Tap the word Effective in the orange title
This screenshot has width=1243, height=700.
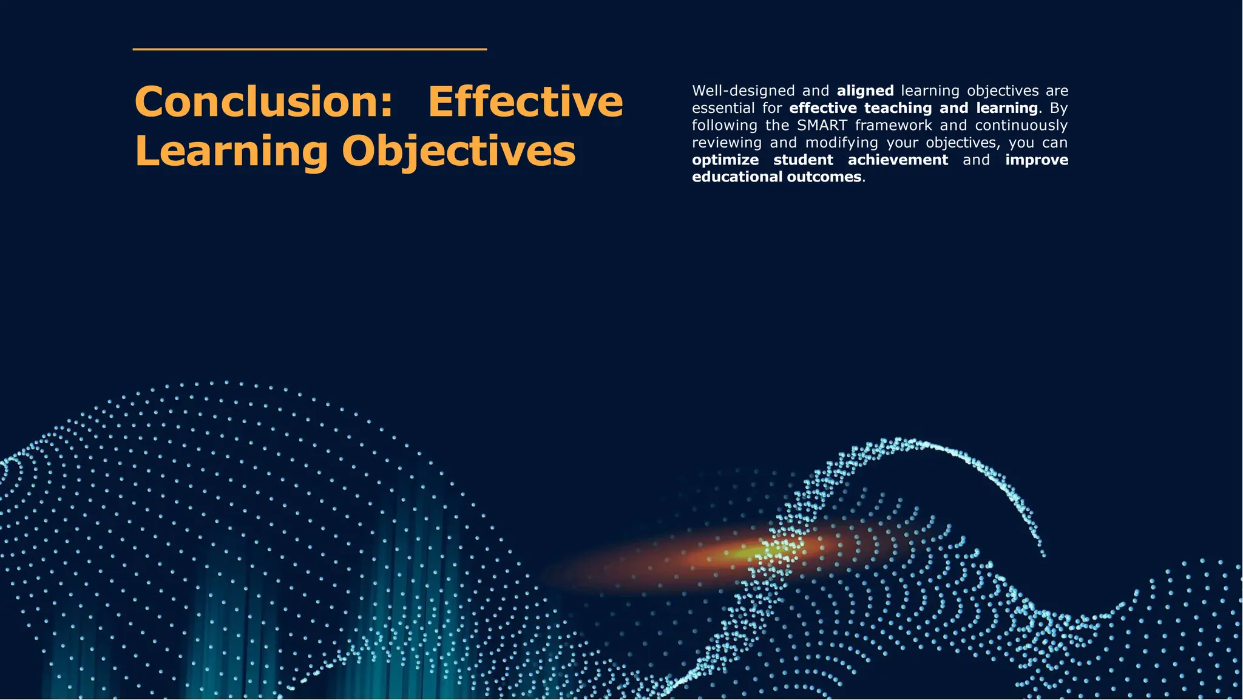[x=526, y=101]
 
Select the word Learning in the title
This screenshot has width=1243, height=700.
[x=231, y=151]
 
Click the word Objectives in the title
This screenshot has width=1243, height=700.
[x=458, y=151]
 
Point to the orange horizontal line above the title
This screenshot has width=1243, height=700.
[x=310, y=49]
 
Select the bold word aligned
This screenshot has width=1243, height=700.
[x=865, y=91]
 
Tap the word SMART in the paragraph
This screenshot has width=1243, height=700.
[x=822, y=126]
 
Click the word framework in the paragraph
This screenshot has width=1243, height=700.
[x=893, y=126]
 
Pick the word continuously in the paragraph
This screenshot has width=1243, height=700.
[x=1021, y=126]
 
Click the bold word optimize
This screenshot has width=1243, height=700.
[x=725, y=160]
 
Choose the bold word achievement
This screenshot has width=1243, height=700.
[x=898, y=160]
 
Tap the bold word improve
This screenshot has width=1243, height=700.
[x=1037, y=160]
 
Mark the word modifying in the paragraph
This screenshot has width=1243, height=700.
[x=841, y=143]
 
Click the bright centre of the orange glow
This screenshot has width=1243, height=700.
[x=750, y=553]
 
